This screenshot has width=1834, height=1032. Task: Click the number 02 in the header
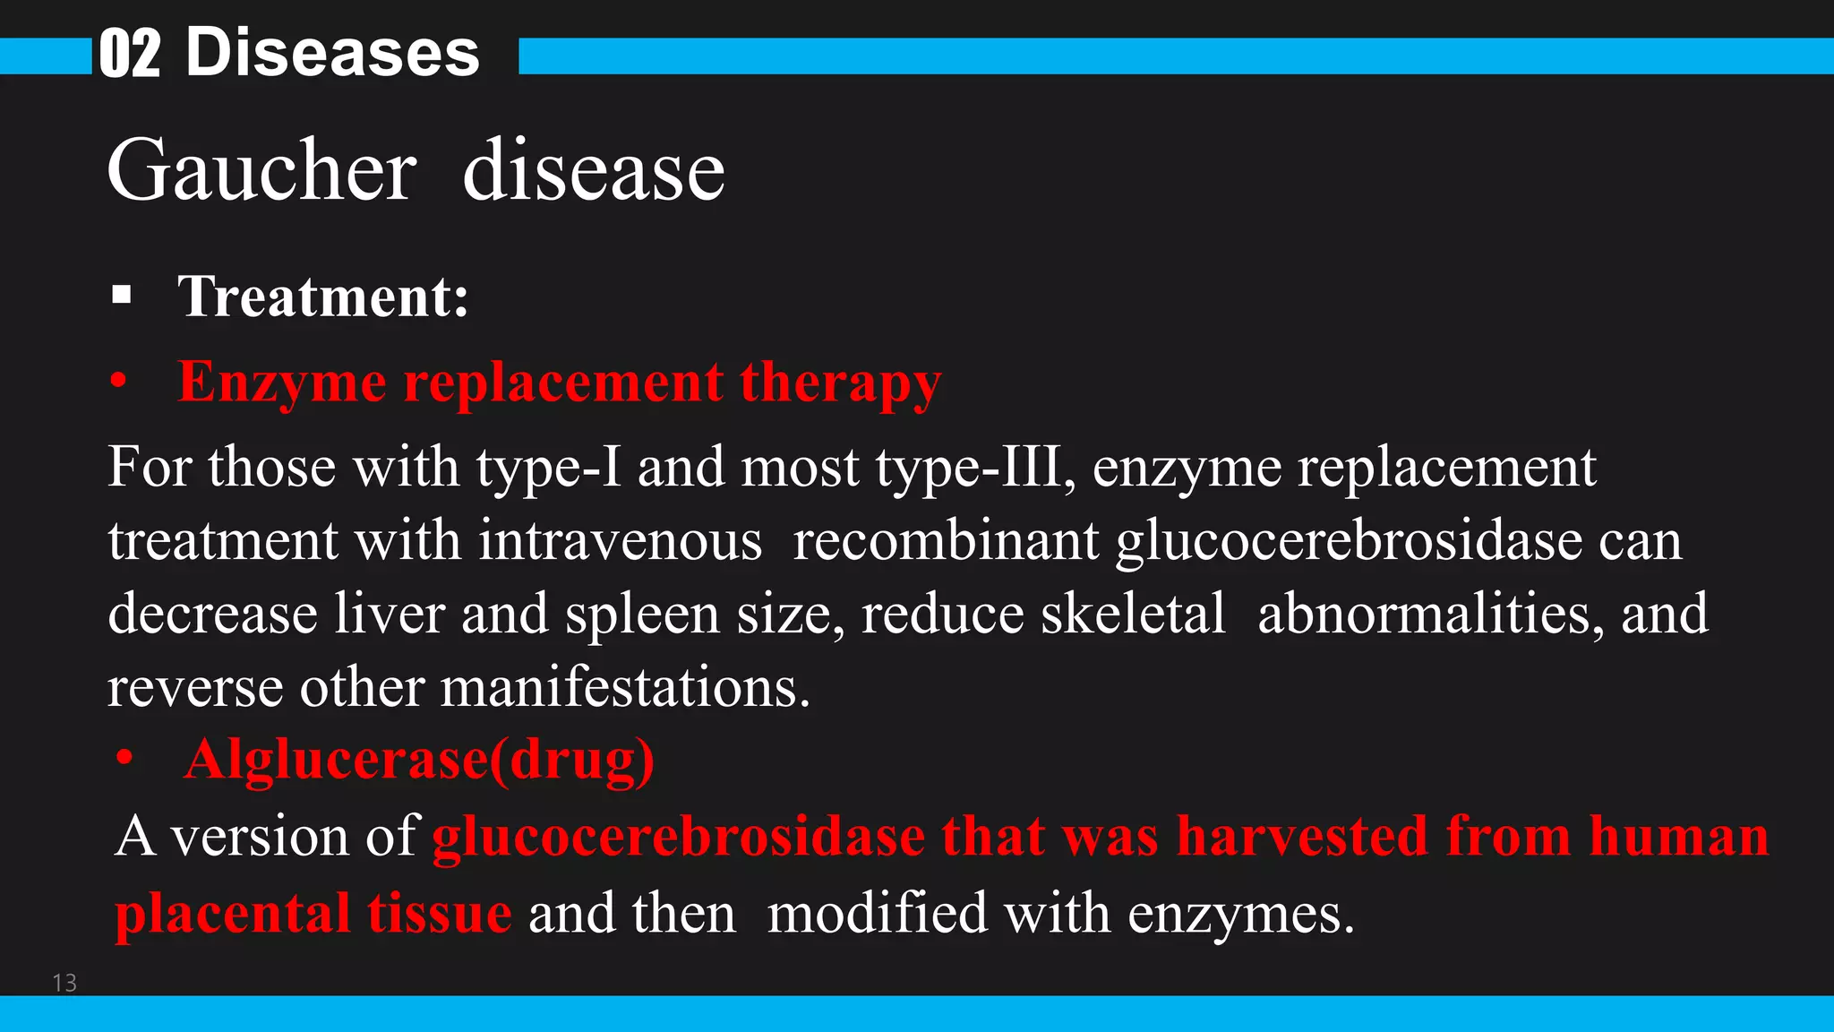pyautogui.click(x=130, y=54)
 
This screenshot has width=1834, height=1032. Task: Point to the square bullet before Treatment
pyautogui.click(x=122, y=295)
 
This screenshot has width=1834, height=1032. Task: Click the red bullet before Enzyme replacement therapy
pyautogui.click(x=118, y=382)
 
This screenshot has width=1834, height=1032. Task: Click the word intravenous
pyautogui.click(x=620, y=541)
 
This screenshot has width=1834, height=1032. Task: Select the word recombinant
pyautogui.click(x=946, y=541)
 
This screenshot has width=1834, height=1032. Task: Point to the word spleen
pyautogui.click(x=642, y=615)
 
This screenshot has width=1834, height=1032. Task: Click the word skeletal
pyautogui.click(x=1132, y=615)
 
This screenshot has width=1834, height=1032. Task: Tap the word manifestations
pyautogui.click(x=625, y=688)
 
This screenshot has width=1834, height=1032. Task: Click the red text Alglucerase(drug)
pyautogui.click(x=419, y=760)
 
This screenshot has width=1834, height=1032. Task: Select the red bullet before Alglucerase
pyautogui.click(x=124, y=759)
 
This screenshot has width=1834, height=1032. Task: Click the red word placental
pyautogui.click(x=232, y=913)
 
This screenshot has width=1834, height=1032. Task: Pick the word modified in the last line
pyautogui.click(x=877, y=913)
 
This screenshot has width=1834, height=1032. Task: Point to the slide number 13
pyautogui.click(x=64, y=983)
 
